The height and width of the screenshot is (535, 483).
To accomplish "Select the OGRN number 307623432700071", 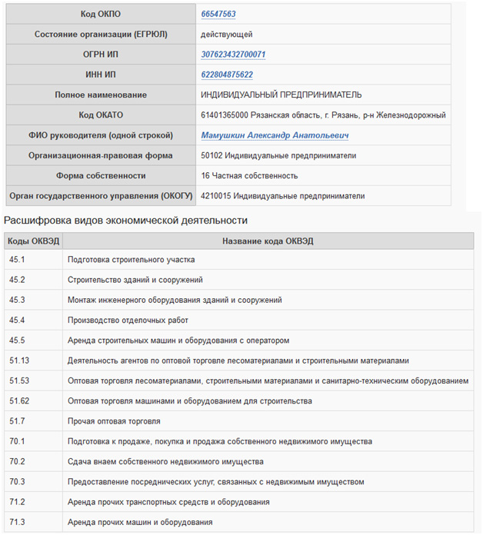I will coord(233,55).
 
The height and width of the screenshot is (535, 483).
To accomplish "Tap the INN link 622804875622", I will coord(227,75).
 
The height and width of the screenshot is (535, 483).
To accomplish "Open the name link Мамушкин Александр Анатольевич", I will coord(275,135).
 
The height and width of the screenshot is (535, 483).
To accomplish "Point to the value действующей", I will coord(226,35).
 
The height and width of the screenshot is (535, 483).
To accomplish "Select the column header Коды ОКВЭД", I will coord(33,241).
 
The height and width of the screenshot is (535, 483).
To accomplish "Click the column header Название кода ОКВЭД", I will coord(267,241).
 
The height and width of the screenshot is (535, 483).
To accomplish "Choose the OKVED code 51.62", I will coord(20,401).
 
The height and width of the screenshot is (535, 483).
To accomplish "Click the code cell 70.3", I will coord(18,482).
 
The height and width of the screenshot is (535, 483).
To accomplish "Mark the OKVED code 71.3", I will coord(18,523).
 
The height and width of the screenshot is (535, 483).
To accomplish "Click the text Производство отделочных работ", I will coord(128,321).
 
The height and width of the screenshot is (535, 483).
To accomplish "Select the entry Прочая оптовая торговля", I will coord(114,421).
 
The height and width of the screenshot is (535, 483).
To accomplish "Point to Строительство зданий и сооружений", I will coord(135,281).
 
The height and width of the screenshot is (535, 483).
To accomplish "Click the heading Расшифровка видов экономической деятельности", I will coord(126,221).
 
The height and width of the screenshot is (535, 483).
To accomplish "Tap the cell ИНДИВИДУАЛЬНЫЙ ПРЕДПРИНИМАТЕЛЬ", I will coord(281,95).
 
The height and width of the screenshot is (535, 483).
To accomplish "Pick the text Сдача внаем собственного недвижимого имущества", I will coord(165,462).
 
